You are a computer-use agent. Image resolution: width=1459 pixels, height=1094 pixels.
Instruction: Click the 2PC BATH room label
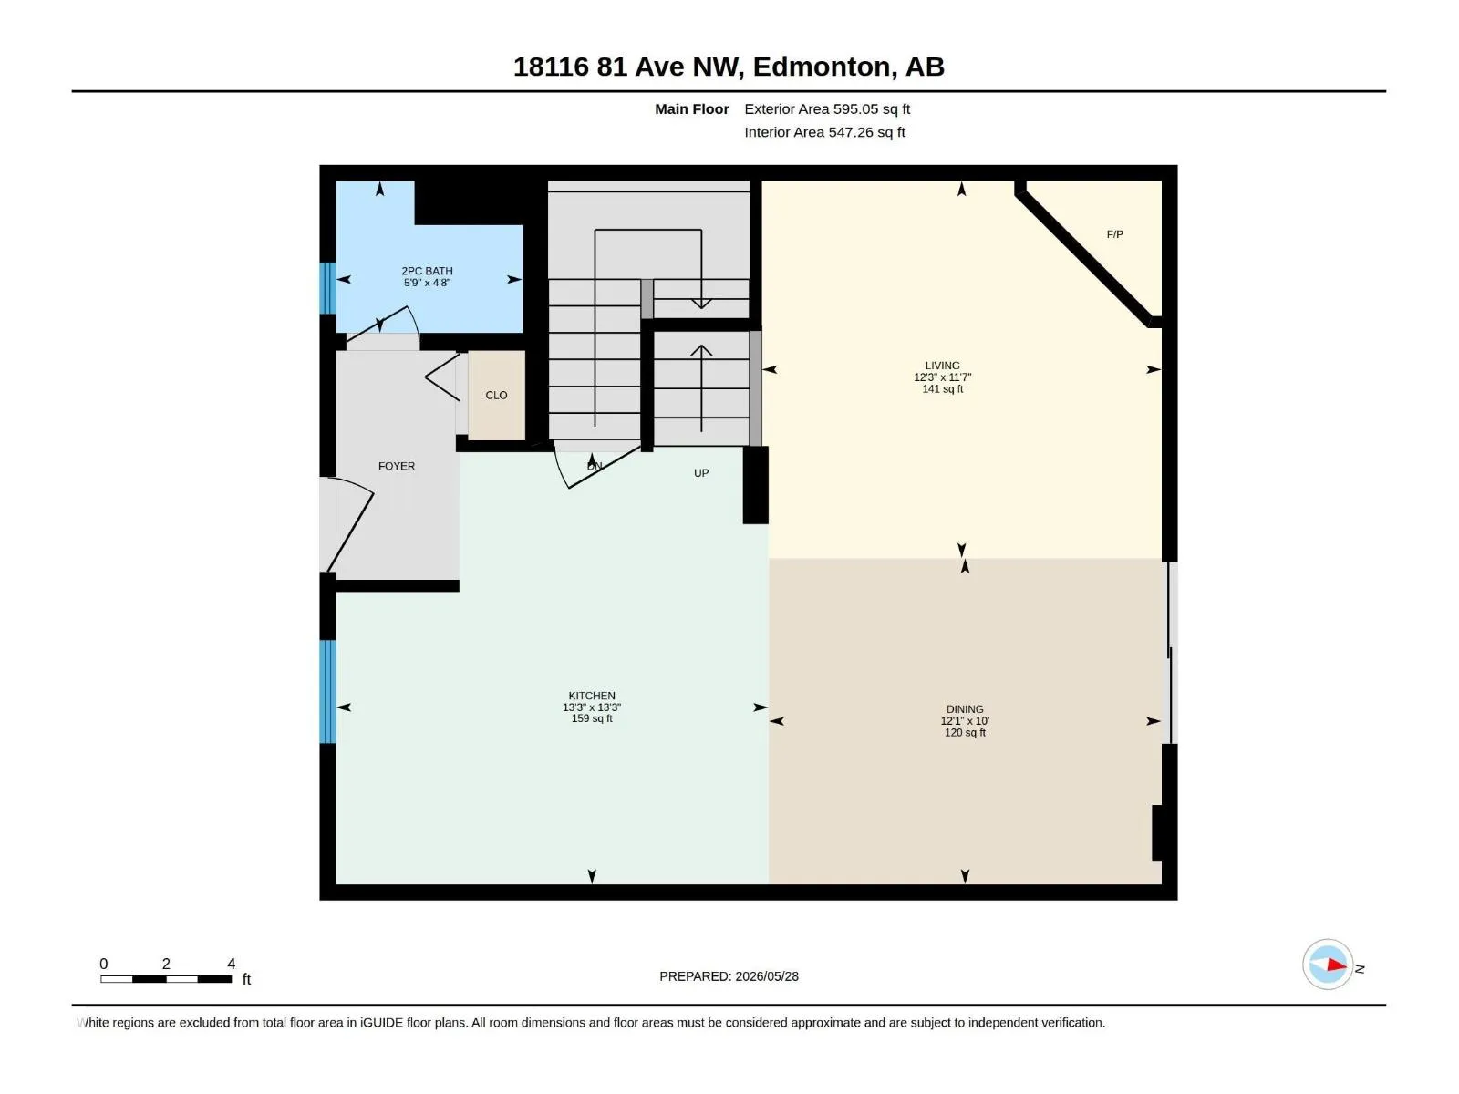point(427,271)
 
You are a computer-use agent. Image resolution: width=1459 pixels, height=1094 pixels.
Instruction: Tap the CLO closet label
point(496,396)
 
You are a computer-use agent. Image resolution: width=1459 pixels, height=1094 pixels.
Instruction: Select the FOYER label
point(396,466)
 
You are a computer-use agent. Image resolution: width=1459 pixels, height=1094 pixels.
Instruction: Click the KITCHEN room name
point(592,696)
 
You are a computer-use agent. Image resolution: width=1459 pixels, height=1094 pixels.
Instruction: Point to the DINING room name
point(965,709)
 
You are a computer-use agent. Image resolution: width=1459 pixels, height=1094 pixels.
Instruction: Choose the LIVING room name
point(942,366)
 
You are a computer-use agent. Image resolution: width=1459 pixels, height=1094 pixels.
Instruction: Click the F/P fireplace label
point(1114,234)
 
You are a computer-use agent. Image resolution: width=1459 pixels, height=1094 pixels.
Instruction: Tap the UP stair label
point(701,473)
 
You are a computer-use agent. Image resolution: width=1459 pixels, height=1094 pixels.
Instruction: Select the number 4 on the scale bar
point(232,964)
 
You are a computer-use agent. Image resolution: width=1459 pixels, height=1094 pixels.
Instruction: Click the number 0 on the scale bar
point(104,964)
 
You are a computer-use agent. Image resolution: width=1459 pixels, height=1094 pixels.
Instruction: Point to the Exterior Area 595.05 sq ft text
point(827,108)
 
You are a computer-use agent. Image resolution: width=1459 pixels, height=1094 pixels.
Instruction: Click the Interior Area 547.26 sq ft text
point(824,132)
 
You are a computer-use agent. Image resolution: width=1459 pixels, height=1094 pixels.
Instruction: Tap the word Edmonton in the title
point(822,67)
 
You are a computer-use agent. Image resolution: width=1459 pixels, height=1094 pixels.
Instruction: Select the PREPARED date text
point(729,976)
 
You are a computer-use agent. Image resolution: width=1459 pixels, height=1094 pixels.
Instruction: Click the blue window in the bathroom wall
point(327,288)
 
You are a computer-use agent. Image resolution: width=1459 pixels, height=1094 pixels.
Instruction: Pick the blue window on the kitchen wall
point(327,691)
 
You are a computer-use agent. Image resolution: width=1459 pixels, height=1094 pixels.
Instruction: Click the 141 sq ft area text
point(942,389)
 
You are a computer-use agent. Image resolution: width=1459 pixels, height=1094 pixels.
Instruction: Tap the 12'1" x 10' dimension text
point(965,721)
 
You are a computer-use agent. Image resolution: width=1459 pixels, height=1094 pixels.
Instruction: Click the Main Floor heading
point(691,108)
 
